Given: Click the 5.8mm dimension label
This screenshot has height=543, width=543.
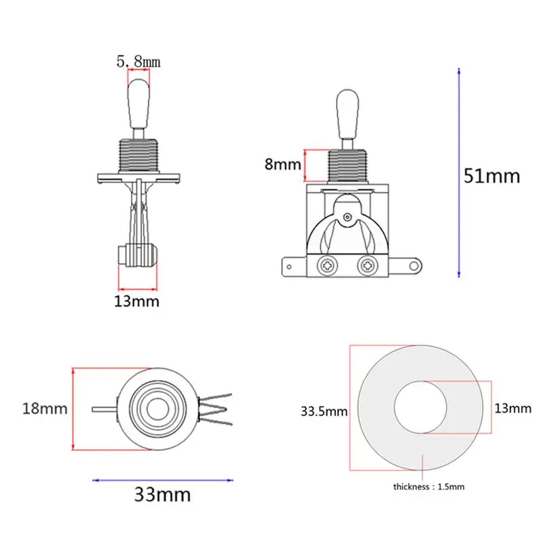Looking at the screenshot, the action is [138, 62].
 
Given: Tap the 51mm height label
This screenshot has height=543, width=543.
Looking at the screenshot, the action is [491, 176].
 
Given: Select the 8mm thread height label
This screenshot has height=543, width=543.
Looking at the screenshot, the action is [282, 164].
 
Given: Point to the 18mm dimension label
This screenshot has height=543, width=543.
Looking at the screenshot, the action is [45, 409].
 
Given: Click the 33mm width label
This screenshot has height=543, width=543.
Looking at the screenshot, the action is [162, 495].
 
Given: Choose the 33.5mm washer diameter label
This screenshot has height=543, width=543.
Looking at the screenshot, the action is [324, 411].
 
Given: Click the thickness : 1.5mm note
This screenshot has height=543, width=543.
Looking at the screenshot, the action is [429, 487].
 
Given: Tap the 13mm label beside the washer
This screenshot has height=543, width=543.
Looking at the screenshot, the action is [512, 409].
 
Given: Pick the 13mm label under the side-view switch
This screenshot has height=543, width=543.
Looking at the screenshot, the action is [137, 301].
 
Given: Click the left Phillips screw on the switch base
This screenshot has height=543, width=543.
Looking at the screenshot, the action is [327, 266].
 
